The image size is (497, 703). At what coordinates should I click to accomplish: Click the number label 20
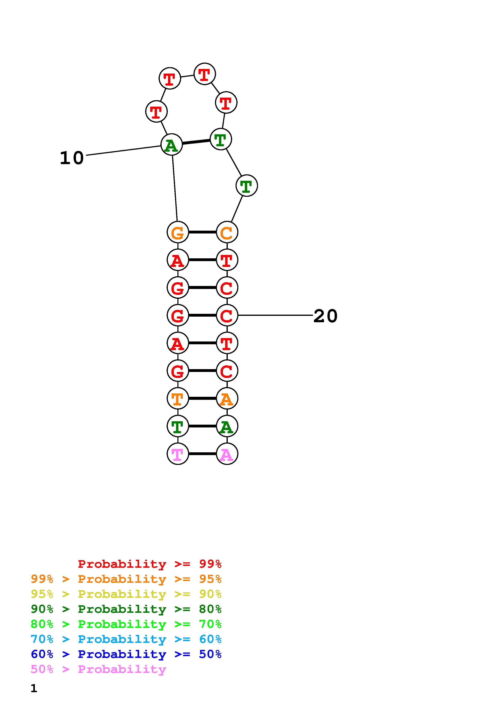(x=325, y=316)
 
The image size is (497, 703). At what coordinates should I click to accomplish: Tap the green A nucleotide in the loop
(x=171, y=144)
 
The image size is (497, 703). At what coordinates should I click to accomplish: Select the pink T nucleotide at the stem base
(x=178, y=454)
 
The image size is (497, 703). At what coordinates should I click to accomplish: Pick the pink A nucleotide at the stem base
(x=227, y=454)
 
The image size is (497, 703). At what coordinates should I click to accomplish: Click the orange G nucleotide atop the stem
(x=178, y=232)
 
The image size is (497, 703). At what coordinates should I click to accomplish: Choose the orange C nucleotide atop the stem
(x=227, y=232)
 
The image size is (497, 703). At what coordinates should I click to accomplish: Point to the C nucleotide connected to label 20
(x=227, y=315)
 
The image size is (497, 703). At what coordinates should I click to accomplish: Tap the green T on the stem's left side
(x=178, y=426)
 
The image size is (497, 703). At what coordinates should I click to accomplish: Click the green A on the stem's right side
(x=227, y=426)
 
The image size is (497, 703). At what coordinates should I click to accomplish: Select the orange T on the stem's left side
(x=178, y=398)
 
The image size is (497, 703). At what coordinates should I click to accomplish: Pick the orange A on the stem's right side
(x=227, y=398)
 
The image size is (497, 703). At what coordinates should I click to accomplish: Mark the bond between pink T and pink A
(x=202, y=454)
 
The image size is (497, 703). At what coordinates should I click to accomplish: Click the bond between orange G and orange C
(x=202, y=232)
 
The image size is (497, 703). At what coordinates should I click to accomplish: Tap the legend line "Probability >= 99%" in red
(x=149, y=564)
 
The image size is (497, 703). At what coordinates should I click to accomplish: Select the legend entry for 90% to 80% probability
(x=126, y=609)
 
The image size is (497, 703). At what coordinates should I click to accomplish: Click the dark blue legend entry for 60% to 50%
(x=126, y=654)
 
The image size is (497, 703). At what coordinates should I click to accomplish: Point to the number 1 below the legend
(x=34, y=688)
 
